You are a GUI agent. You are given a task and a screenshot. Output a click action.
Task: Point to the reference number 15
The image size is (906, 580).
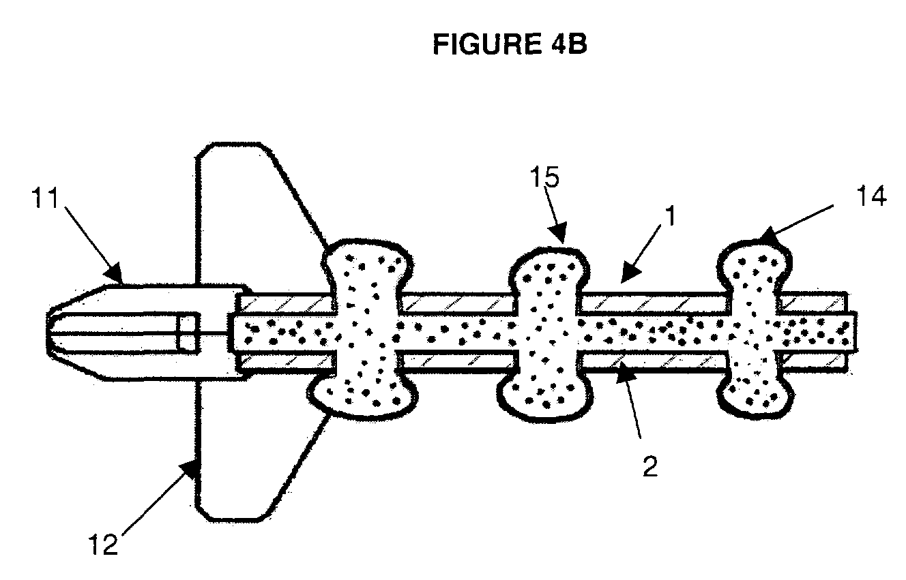pyautogui.click(x=544, y=179)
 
